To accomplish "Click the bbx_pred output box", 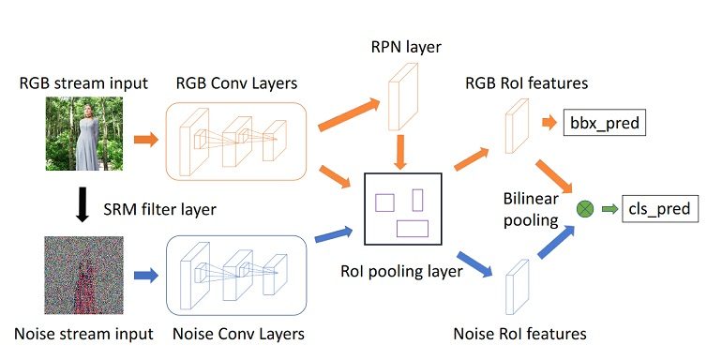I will [604, 123].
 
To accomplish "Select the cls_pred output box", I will [658, 207].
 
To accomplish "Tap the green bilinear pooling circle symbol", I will [586, 208].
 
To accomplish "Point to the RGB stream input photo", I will [82, 136].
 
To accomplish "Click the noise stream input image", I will [82, 275].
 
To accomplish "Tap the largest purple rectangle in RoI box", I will [412, 228].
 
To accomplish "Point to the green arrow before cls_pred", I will [610, 208].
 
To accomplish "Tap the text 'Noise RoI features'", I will [519, 333].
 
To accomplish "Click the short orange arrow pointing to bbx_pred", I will [547, 123].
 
